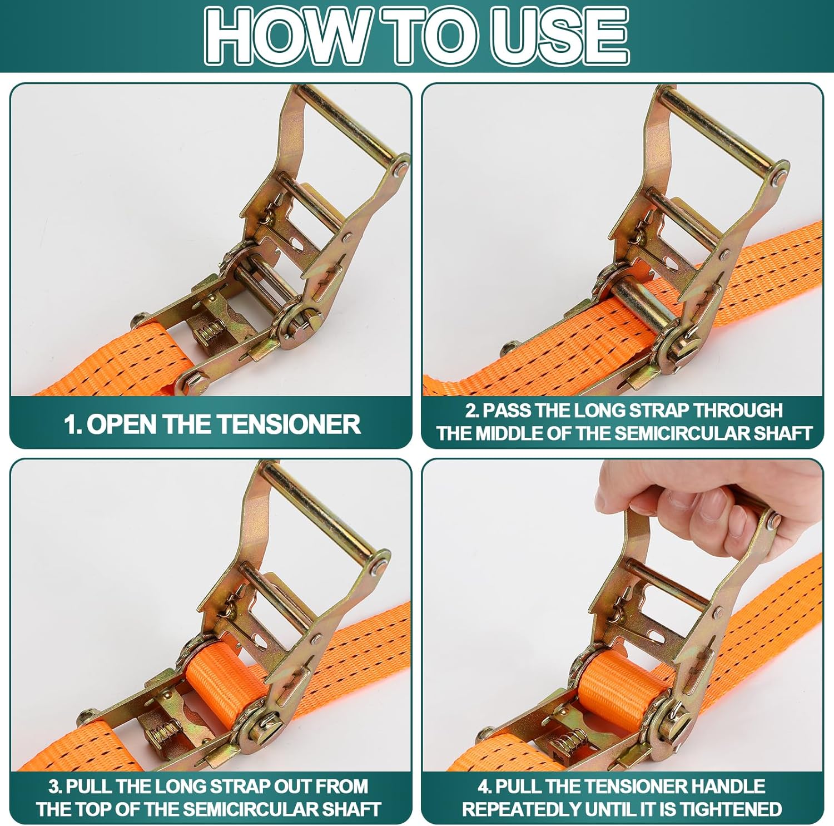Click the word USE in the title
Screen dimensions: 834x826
click(559, 36)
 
